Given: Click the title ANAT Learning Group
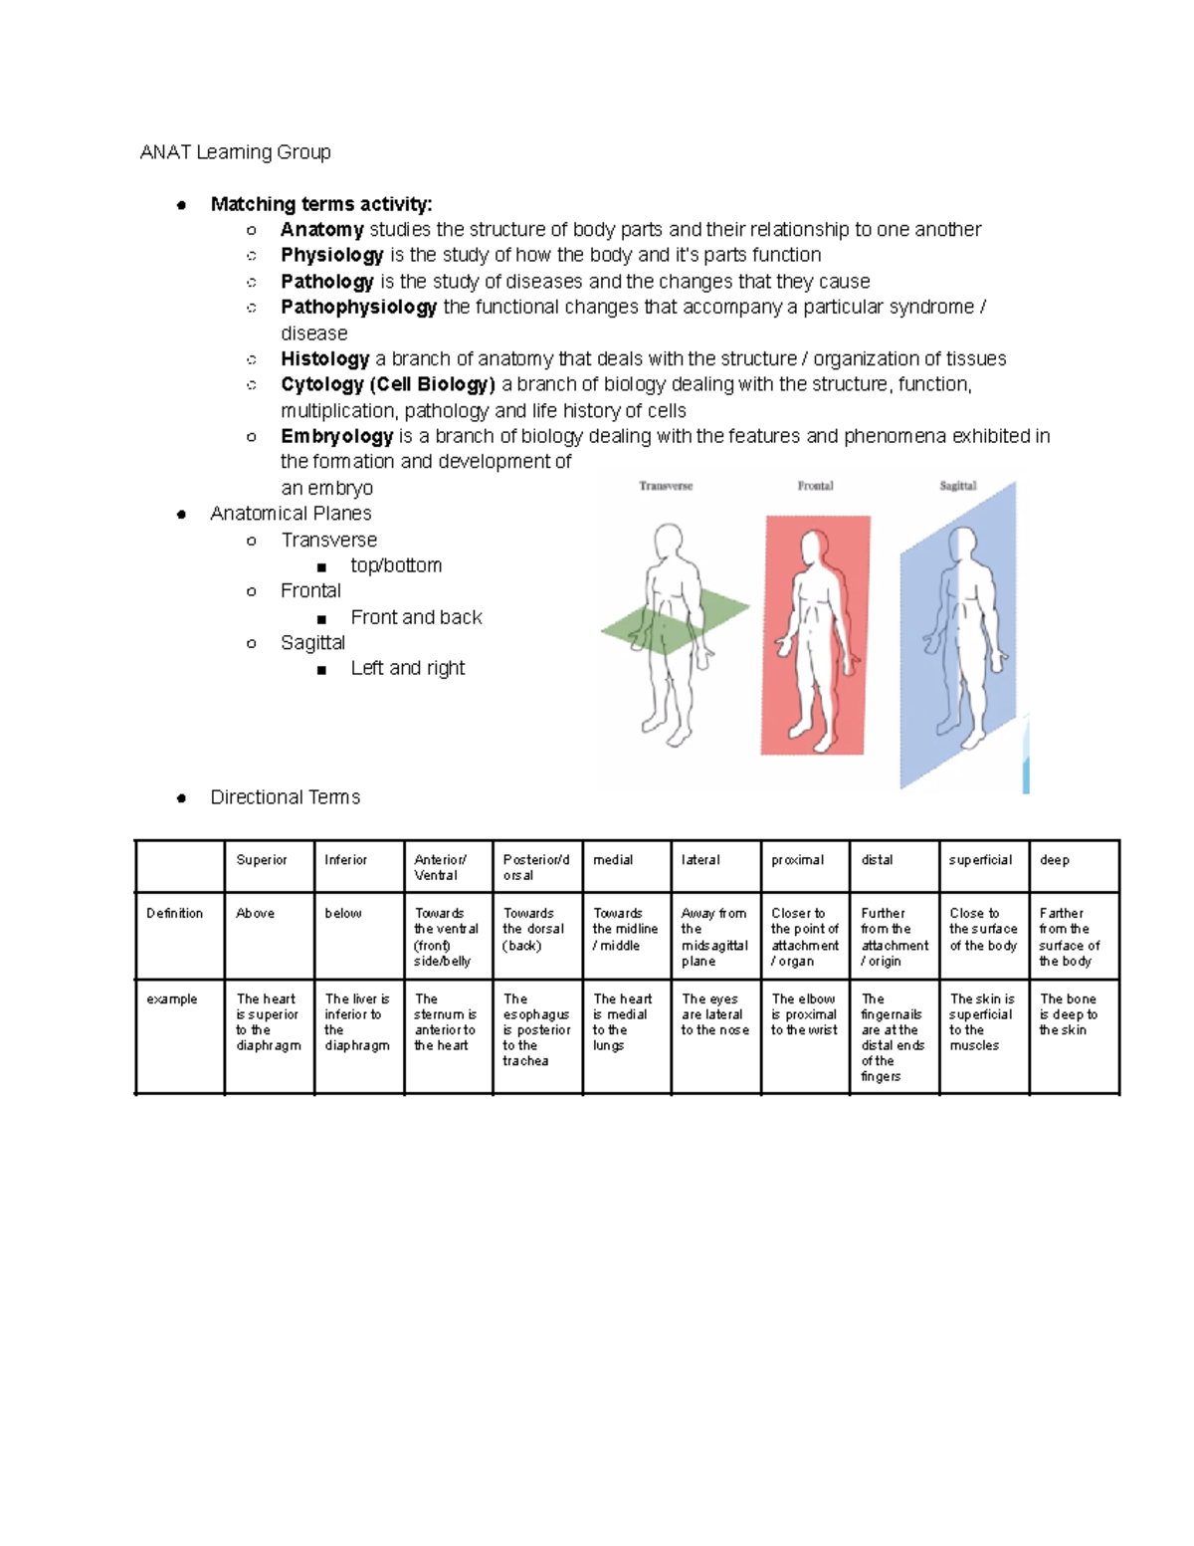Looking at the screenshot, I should [235, 152].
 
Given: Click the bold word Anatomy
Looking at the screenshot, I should [321, 230].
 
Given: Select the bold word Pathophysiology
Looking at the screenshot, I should [358, 308].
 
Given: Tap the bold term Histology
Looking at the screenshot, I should [324, 359].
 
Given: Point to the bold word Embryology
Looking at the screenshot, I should [336, 437].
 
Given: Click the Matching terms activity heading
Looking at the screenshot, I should [321, 204].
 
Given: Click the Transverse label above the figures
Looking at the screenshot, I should [666, 486].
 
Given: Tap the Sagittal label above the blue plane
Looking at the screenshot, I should [957, 486].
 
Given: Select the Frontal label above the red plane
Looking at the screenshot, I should [815, 486].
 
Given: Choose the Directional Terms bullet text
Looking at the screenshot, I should [285, 797].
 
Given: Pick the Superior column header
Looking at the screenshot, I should [262, 860].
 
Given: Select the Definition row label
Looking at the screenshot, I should [174, 913].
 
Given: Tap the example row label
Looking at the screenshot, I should [171, 998].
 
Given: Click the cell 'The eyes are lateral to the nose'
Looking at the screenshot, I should [714, 1014].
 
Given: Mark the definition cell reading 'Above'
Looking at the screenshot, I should [255, 913].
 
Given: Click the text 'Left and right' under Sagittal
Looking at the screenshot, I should [407, 669].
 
